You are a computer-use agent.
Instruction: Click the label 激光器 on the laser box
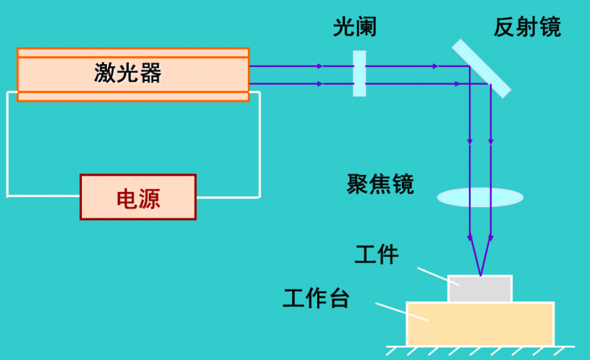[128, 73]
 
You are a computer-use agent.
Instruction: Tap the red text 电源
[138, 198]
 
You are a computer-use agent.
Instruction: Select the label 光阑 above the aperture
[355, 28]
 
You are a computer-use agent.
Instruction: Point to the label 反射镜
[527, 28]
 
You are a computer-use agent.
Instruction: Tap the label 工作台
[316, 299]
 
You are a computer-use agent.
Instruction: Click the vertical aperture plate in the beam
[359, 74]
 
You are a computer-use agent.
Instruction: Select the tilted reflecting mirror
[482, 68]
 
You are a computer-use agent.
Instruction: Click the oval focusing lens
[480, 197]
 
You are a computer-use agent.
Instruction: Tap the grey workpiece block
[480, 289]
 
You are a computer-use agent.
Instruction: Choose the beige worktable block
[480, 324]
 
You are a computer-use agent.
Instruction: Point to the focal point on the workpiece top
[481, 275]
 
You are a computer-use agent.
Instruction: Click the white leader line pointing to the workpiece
[433, 274]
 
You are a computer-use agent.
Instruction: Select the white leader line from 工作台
[402, 312]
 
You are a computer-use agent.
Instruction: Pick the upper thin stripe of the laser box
[133, 52]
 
